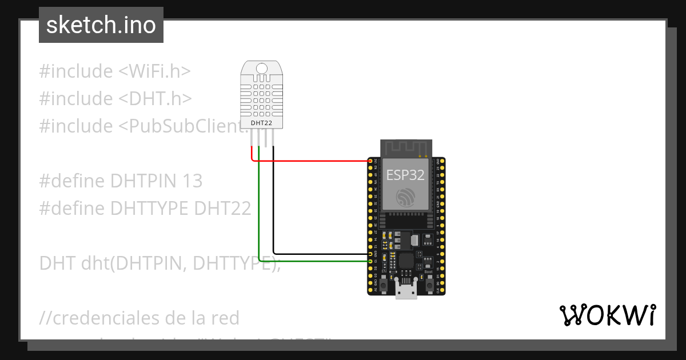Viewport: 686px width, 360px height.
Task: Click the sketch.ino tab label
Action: coord(101,25)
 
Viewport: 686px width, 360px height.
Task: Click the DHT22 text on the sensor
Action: coord(261,122)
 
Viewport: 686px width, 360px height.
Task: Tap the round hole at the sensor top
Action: coord(261,69)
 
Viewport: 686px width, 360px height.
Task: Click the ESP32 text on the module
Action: coord(405,175)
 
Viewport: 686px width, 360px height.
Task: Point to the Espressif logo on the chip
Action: coord(405,198)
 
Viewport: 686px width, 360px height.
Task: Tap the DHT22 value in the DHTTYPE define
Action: coord(222,208)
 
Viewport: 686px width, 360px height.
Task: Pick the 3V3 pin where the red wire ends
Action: coord(370,162)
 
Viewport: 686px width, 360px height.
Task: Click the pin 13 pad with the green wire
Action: coord(370,261)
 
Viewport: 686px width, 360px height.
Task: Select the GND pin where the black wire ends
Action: coord(370,253)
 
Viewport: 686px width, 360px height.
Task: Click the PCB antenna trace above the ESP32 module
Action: coord(405,147)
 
